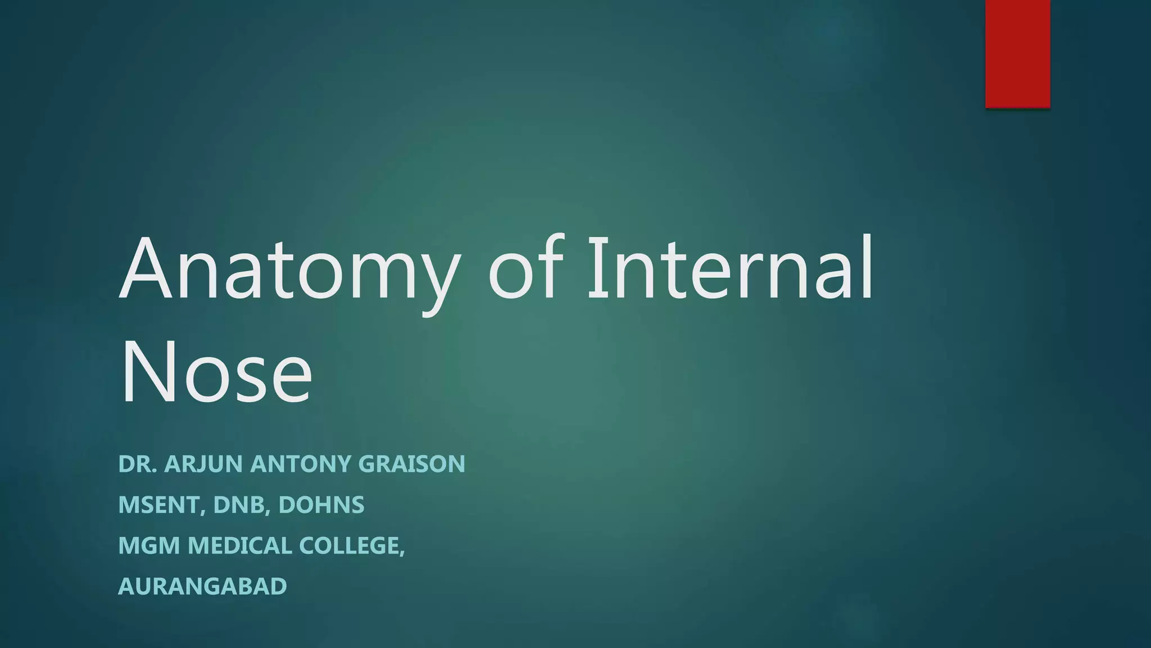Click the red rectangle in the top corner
[1017, 53]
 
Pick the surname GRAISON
[411, 464]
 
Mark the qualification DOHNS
[321, 505]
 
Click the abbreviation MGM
[149, 546]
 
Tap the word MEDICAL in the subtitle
[239, 546]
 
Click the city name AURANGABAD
[202, 587]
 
